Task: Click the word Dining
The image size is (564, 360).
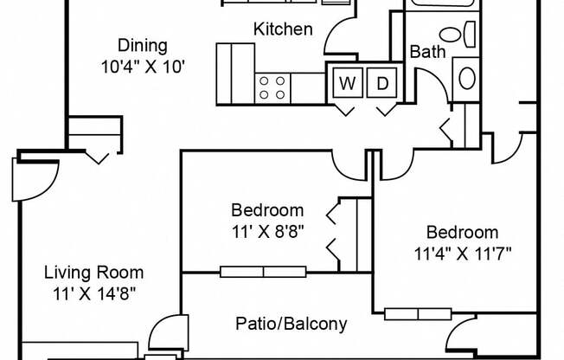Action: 143,46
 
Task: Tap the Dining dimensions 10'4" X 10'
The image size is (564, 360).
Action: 143,65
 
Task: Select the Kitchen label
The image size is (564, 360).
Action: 283,29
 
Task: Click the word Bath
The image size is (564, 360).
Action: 427,52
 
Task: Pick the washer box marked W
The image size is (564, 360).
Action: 346,83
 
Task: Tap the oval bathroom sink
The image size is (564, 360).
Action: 467,77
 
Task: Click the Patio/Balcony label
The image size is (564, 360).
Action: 292,325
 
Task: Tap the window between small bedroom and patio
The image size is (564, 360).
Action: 263,272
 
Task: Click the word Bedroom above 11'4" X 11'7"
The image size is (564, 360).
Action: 462,232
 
